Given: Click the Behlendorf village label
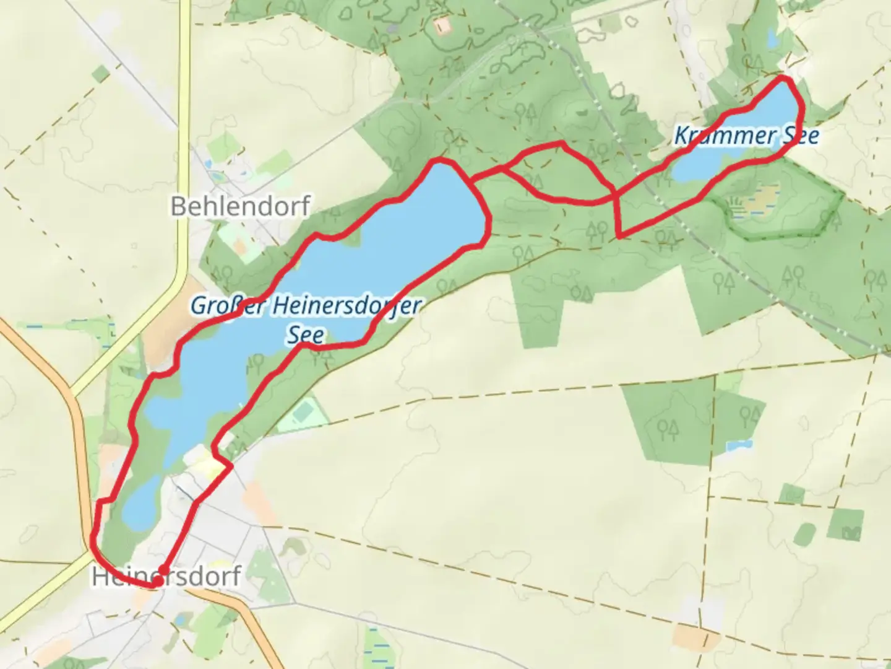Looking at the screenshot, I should point(240,206).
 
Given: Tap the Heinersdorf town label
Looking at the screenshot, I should point(166,577).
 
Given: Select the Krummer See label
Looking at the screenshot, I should point(746,135).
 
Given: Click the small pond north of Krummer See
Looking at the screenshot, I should point(772,38).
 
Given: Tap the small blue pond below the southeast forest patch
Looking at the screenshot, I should point(740,445).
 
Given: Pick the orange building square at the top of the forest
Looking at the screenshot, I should point(442,25).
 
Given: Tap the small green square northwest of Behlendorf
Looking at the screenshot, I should point(100,74).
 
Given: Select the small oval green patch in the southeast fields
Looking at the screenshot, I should point(804,534).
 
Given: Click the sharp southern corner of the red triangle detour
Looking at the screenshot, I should point(619,236).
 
